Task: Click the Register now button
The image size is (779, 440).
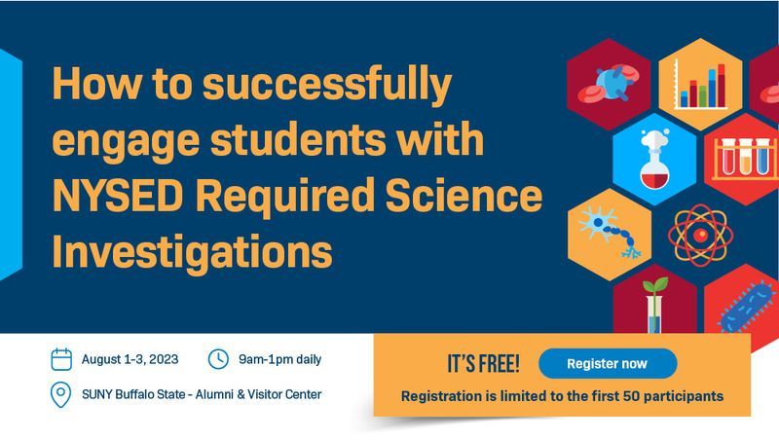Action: (x=607, y=364)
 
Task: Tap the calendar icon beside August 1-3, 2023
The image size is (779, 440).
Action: (x=61, y=359)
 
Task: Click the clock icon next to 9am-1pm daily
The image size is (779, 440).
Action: (x=218, y=359)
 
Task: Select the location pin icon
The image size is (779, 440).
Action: (x=61, y=395)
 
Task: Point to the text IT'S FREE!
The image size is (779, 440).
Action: (x=483, y=364)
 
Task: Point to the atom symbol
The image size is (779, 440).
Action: (x=699, y=234)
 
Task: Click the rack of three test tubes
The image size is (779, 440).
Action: (x=745, y=158)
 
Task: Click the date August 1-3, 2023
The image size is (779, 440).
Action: (x=130, y=359)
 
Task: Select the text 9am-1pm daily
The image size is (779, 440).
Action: (x=278, y=359)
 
